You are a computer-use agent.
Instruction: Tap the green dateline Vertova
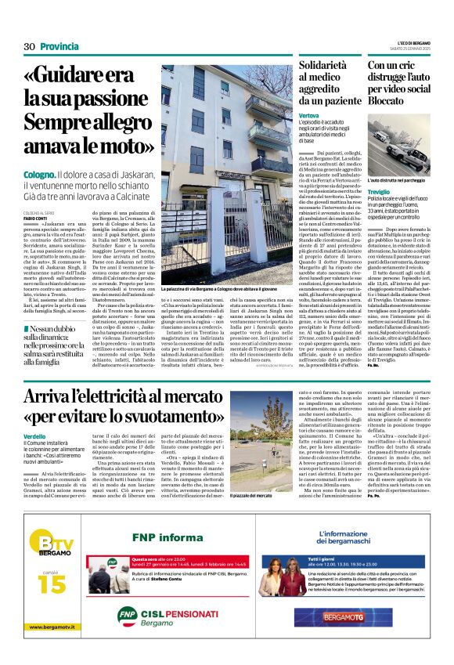[x=308, y=116]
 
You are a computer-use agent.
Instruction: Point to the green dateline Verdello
[x=34, y=435]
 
